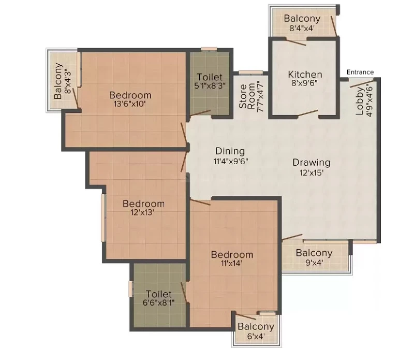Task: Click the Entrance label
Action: point(360,72)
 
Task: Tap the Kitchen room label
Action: point(305,74)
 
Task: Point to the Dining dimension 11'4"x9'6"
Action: point(231,161)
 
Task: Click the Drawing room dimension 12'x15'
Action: point(312,172)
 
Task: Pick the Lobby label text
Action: point(360,101)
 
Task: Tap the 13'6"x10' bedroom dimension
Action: point(130,104)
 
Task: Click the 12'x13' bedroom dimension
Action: point(142,212)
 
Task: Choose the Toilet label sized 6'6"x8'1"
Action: point(159,294)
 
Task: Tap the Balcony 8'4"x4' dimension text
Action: point(302,28)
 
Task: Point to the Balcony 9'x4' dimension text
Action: point(314,263)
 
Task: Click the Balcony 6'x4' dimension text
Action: point(256,336)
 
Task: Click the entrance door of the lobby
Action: point(361,83)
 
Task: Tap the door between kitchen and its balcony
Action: point(296,42)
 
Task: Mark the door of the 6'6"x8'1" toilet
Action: point(184,293)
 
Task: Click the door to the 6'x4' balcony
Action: point(246,316)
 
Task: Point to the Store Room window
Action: point(251,73)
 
